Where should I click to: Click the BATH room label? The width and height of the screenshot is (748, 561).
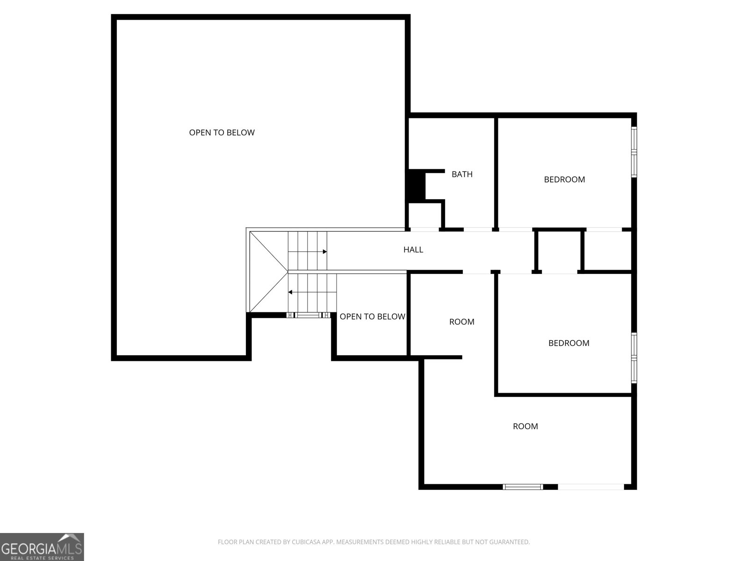pyautogui.click(x=462, y=174)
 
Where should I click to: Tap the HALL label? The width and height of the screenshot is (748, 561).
pyautogui.click(x=413, y=250)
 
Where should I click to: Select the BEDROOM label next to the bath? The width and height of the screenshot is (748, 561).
pyautogui.click(x=564, y=180)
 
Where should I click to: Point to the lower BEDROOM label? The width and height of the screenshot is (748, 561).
pyautogui.click(x=569, y=343)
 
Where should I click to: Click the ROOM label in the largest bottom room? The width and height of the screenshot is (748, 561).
pyautogui.click(x=525, y=426)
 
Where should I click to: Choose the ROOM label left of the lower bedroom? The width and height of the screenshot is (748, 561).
pyautogui.click(x=461, y=322)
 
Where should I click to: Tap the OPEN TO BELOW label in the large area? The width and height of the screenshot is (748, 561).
pyautogui.click(x=222, y=132)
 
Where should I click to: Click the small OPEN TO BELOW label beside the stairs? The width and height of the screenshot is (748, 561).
pyautogui.click(x=372, y=316)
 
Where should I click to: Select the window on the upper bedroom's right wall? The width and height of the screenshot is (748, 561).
pyautogui.click(x=634, y=152)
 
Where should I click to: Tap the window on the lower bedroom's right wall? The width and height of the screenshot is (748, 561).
pyautogui.click(x=634, y=358)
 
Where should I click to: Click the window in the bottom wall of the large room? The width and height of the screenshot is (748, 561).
pyautogui.click(x=523, y=487)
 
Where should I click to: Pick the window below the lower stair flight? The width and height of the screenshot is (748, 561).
pyautogui.click(x=309, y=316)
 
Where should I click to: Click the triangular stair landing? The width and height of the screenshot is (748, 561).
pyautogui.click(x=268, y=272)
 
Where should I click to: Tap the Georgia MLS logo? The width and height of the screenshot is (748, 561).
pyautogui.click(x=42, y=547)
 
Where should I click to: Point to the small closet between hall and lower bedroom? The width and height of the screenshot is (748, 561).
pyautogui.click(x=559, y=252)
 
